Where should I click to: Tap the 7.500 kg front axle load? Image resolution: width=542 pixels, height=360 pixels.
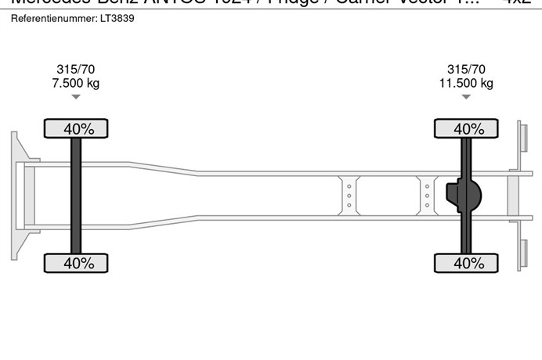point(75,83)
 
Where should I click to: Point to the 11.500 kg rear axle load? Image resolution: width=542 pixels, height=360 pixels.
point(466,83)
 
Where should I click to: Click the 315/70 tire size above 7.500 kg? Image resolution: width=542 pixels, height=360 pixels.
point(75,70)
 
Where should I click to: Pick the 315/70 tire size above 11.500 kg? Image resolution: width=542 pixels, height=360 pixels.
point(466,70)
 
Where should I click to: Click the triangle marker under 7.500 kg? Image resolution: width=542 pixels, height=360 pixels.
point(75,97)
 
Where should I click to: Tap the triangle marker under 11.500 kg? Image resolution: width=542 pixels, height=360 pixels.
point(466,97)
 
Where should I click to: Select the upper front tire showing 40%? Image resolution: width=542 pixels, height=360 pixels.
point(75,128)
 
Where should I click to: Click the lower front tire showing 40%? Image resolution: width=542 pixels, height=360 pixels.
point(75,263)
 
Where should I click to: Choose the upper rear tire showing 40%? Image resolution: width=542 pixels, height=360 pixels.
point(467,128)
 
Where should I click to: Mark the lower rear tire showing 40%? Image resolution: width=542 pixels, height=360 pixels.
point(467,263)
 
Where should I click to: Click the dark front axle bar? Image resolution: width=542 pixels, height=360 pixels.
point(76,196)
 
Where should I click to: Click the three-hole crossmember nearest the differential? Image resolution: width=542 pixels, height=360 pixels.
point(427,195)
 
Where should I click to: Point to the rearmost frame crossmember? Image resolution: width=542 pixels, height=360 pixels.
point(513,195)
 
